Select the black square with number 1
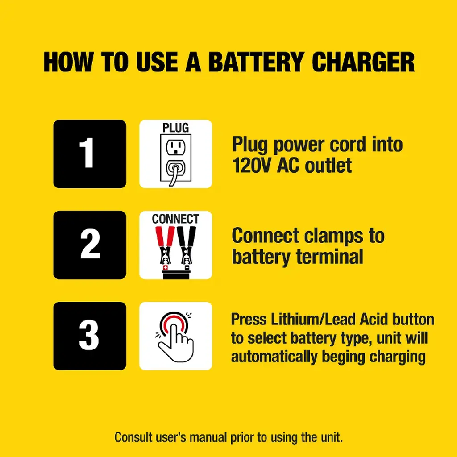pos(90,154)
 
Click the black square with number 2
pos(90,245)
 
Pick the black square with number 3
pos(90,336)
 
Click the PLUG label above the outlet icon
pos(175,128)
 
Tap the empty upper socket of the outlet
pos(175,147)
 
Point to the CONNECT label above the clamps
pos(175,219)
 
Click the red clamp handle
pos(164,237)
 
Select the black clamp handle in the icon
pos(187,237)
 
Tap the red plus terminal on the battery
pos(166,267)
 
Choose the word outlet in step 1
pos(328,165)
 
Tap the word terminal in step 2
pos(330,257)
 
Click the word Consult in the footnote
pos(133,437)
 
